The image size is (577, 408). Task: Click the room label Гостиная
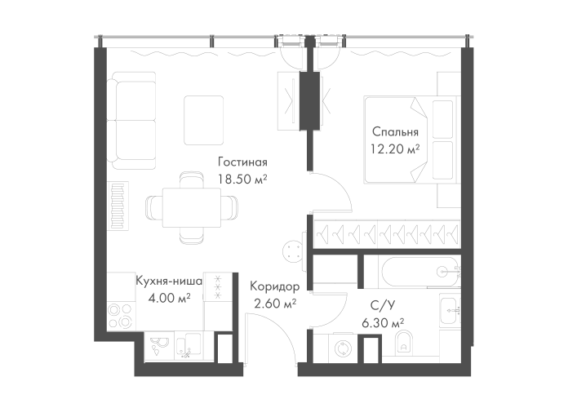(242, 162)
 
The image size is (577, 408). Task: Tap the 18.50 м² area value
(242, 177)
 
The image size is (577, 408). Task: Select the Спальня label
(395, 132)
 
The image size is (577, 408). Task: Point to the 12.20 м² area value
(395, 149)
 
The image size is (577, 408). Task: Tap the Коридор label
(274, 288)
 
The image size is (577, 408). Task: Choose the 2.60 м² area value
(275, 304)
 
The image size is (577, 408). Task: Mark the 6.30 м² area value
(384, 323)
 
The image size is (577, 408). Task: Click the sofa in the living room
(134, 118)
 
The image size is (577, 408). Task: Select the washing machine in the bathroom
(344, 347)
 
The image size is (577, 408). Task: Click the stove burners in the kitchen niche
(121, 316)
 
